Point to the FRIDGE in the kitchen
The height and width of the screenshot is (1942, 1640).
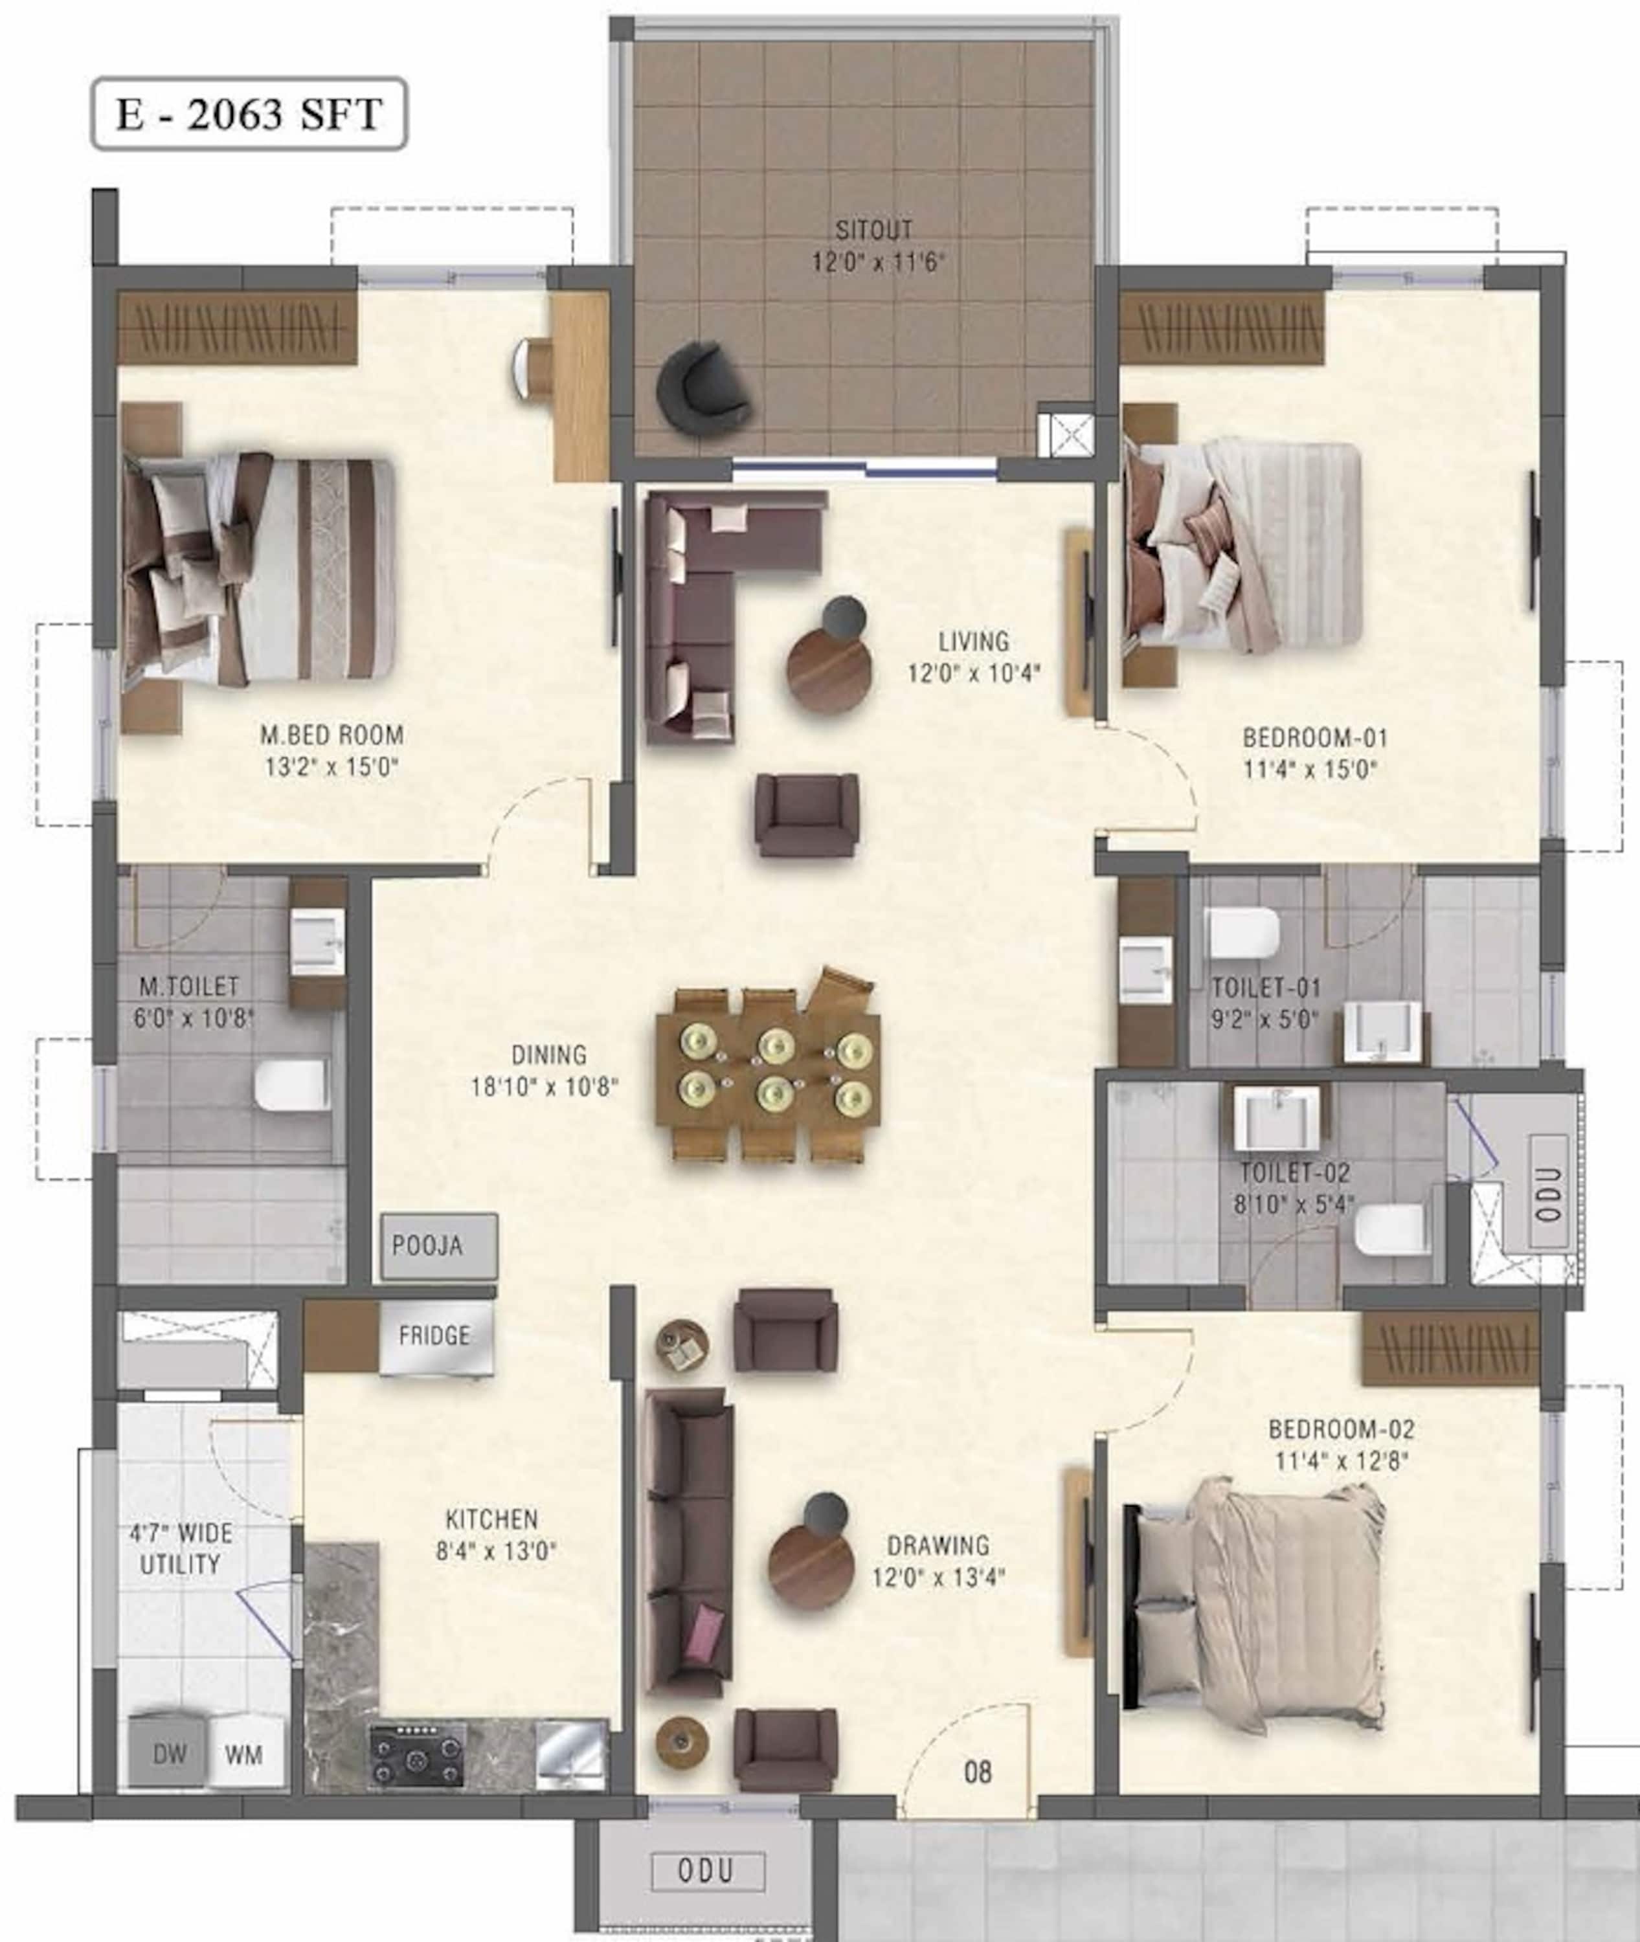tap(435, 1336)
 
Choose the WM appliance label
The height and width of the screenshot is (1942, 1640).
tap(243, 1755)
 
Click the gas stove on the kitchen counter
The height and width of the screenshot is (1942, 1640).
tap(418, 1755)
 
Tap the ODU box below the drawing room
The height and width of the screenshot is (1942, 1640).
tap(708, 1870)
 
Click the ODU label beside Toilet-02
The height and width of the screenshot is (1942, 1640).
tap(1548, 1194)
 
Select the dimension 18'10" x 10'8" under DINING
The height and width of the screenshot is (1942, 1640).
tap(545, 1087)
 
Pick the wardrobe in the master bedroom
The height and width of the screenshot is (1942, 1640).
tap(237, 328)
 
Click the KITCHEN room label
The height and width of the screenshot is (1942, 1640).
tap(492, 1520)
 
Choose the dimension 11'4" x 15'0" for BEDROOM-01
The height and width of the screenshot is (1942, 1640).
tap(1310, 770)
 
